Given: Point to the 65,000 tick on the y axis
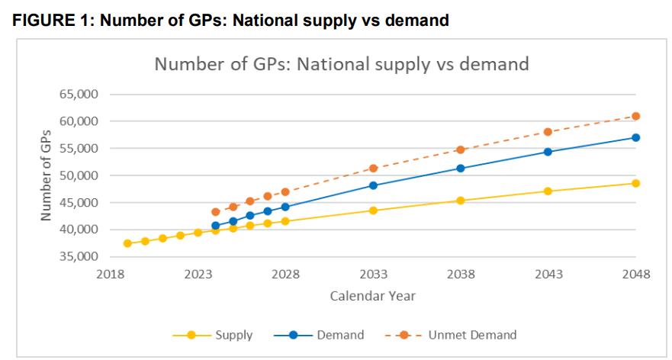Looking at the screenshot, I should pyautogui.click(x=79, y=95).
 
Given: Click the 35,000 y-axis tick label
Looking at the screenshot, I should pyautogui.click(x=79, y=256).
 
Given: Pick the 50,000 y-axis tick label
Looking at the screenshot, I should pyautogui.click(x=79, y=175).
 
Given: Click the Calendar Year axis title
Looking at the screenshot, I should pyautogui.click(x=373, y=295).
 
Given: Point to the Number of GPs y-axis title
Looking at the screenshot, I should pyautogui.click(x=47, y=175).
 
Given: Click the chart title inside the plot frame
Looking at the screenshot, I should pyautogui.click(x=342, y=63).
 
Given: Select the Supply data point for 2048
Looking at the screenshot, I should pyautogui.click(x=635, y=183).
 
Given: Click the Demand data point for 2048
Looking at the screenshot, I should pyautogui.click(x=635, y=137).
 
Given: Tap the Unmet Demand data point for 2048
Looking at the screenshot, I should pyautogui.click(x=635, y=116).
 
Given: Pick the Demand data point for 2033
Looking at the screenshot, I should pyautogui.click(x=373, y=185).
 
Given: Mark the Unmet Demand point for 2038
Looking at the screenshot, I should pyautogui.click(x=461, y=149).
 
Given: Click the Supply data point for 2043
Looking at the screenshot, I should pyautogui.click(x=548, y=191).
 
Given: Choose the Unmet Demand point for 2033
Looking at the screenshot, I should pyautogui.click(x=373, y=168).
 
